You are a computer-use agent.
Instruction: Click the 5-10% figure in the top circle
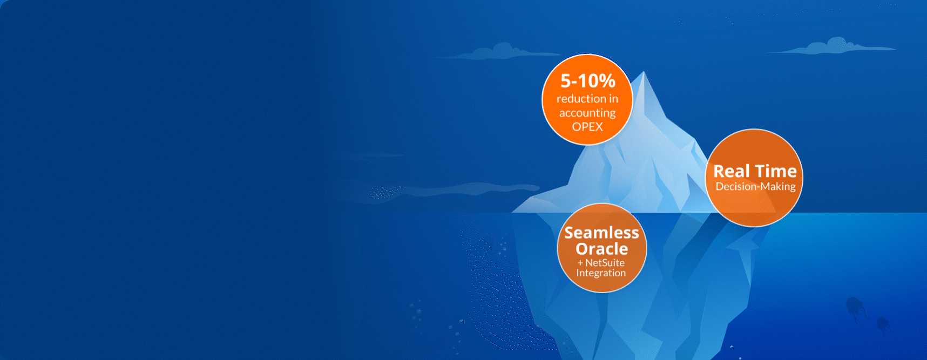(588, 81)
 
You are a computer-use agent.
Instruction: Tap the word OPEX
(587, 127)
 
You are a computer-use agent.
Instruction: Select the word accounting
(587, 113)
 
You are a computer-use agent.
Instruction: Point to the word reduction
(580, 99)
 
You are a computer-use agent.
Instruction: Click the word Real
(732, 171)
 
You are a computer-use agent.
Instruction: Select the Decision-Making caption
(755, 187)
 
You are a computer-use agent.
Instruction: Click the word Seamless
(601, 233)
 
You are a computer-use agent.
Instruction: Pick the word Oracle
(601, 249)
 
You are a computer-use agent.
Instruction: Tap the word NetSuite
(605, 263)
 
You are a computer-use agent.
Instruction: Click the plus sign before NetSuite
(580, 263)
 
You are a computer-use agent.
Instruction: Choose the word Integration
(601, 273)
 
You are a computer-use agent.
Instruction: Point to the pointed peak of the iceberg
(644, 71)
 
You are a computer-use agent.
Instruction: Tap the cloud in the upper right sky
(831, 46)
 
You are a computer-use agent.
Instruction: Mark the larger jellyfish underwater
(856, 309)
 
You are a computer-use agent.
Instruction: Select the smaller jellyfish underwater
(883, 325)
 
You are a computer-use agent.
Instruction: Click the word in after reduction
(613, 99)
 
